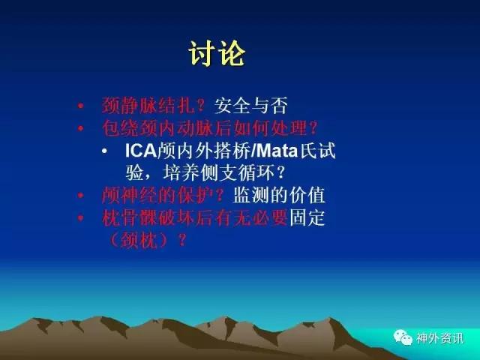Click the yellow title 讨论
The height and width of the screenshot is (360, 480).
click(217, 53)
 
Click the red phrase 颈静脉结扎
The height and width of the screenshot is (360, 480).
click(148, 106)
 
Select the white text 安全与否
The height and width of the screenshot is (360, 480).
click(251, 106)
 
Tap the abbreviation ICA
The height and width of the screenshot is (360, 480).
click(141, 151)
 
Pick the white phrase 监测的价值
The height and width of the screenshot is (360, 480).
click(279, 195)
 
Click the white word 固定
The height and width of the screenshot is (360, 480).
click(307, 217)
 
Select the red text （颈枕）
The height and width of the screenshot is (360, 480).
click(139, 240)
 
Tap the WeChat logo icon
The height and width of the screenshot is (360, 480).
click(403, 337)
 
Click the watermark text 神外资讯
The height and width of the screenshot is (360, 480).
click(439, 338)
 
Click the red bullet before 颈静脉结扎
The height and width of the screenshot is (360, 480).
click(80, 106)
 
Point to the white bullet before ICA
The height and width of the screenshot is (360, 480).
click(105, 151)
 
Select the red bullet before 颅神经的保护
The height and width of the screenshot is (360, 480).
click(80, 195)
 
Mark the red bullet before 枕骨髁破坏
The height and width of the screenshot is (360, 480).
click(80, 218)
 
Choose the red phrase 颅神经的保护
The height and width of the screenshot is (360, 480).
click(157, 195)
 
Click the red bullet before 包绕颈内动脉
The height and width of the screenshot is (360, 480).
click(80, 128)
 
